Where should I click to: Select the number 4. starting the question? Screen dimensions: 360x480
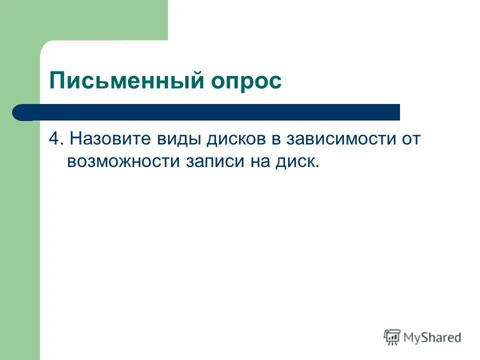click(55, 139)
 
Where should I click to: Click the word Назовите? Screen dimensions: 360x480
click(111, 139)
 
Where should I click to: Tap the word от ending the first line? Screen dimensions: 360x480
click(409, 139)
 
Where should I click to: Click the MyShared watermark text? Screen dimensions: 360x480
click(432, 337)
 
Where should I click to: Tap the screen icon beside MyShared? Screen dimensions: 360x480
click(392, 337)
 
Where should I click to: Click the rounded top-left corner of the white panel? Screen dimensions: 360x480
click(46, 46)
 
